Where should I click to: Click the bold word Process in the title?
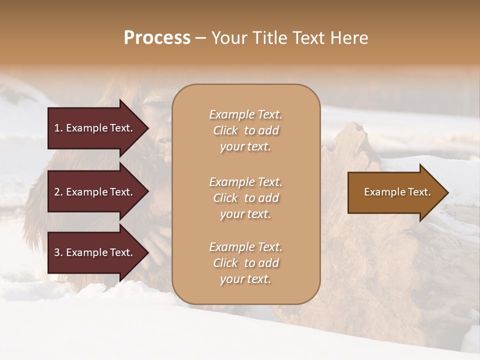[157, 38]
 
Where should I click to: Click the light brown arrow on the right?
[395, 192]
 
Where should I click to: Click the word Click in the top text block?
[225, 131]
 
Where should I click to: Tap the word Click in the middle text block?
[225, 198]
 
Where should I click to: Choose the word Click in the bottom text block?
[225, 263]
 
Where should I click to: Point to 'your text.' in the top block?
[245, 147]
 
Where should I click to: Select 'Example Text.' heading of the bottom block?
[245, 247]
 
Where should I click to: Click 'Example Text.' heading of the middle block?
[245, 182]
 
